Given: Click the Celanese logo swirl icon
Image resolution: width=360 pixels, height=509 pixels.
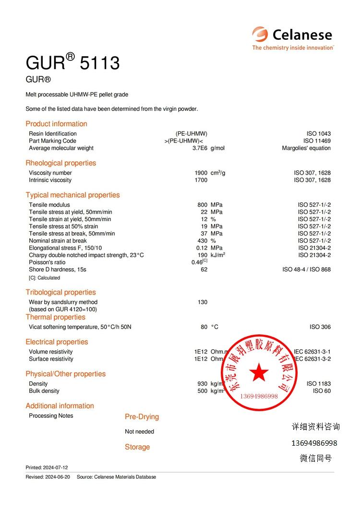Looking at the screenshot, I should (260, 35).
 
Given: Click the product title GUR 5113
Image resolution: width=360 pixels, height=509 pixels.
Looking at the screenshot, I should (72, 63).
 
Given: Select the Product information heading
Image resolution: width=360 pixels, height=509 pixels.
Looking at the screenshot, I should (56, 124).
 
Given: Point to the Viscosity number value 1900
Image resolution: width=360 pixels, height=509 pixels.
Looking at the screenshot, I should (201, 173).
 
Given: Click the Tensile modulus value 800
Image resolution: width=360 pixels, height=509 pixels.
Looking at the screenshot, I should (202, 205).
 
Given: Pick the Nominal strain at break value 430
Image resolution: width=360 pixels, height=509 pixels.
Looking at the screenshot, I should (202, 241).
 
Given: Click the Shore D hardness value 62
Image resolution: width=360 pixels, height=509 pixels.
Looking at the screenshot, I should (204, 270).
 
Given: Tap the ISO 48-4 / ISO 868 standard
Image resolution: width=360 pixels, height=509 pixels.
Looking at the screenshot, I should (306, 270).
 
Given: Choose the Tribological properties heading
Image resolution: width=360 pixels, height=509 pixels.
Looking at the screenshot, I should (60, 292).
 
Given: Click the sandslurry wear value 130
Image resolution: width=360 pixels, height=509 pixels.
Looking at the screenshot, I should (202, 302).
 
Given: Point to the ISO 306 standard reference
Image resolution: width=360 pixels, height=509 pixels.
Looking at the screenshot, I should (320, 327).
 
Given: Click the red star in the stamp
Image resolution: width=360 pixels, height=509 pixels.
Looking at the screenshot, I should (259, 371).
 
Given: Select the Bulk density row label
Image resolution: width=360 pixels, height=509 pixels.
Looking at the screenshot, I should (44, 391).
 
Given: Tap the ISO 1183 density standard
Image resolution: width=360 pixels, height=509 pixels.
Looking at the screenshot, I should (318, 384).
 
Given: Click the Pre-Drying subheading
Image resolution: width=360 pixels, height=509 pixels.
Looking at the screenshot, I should (142, 417).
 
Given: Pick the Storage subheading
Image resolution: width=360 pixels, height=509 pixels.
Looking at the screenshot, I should (137, 447).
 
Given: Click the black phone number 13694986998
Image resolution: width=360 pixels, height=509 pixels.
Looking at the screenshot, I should (314, 443).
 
